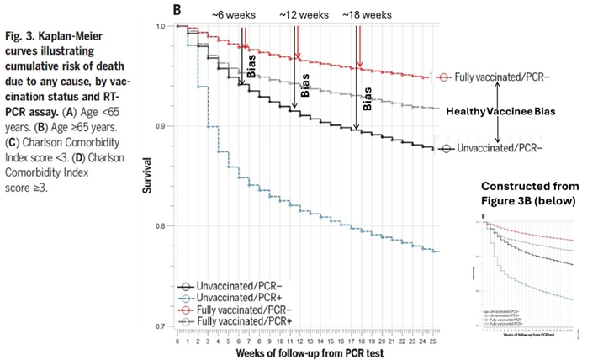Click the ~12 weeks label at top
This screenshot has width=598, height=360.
click(x=304, y=15)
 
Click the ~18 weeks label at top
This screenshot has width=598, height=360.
click(x=368, y=15)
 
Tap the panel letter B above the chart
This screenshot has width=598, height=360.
click(x=177, y=10)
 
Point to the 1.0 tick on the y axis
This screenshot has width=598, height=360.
click(x=165, y=27)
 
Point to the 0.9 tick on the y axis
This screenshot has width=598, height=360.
click(x=165, y=126)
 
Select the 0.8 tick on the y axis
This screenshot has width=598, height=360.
click(x=165, y=225)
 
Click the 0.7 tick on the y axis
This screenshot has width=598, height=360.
click(x=165, y=325)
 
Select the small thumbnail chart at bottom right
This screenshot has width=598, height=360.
click(x=527, y=274)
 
